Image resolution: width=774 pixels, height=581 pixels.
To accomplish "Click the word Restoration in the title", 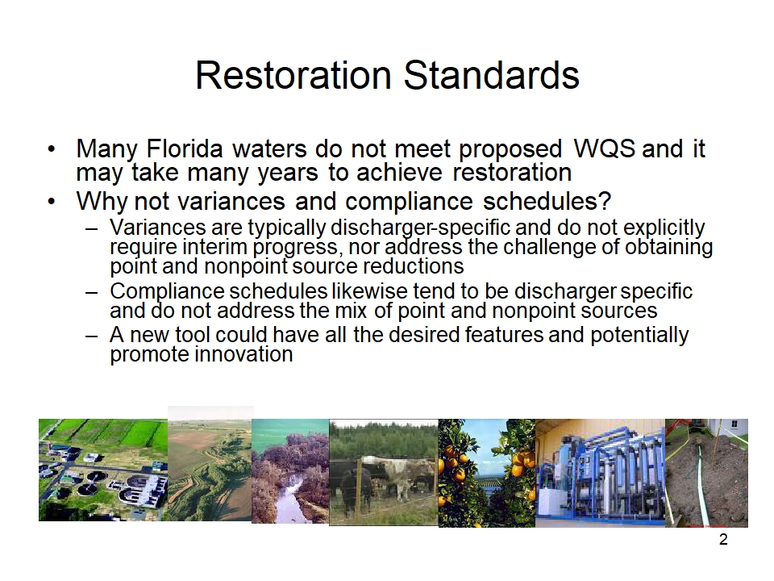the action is tap(293, 75).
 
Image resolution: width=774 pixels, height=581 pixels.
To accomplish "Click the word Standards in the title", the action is tap(492, 75).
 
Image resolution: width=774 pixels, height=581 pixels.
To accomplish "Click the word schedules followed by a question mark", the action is tap(547, 201).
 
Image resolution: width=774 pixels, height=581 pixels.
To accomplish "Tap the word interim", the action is tap(214, 247).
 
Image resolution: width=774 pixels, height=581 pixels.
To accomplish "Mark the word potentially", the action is tap(639, 336).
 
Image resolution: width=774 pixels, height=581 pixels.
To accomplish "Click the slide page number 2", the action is tap(723, 540).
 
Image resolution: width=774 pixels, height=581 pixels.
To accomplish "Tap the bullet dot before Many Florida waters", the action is tap(52, 148).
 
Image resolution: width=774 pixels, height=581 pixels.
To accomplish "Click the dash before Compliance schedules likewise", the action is tap(91, 292).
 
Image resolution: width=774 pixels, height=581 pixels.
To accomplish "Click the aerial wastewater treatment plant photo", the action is tap(103, 470).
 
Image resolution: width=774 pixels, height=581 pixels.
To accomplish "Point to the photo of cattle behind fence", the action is tap(384, 472).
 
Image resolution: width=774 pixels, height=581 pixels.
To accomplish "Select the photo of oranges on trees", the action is tap(487, 474).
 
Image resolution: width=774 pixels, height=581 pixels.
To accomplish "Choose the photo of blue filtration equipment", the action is tap(600, 474).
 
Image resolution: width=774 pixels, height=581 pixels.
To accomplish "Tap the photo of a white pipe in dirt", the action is tap(706, 474).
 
